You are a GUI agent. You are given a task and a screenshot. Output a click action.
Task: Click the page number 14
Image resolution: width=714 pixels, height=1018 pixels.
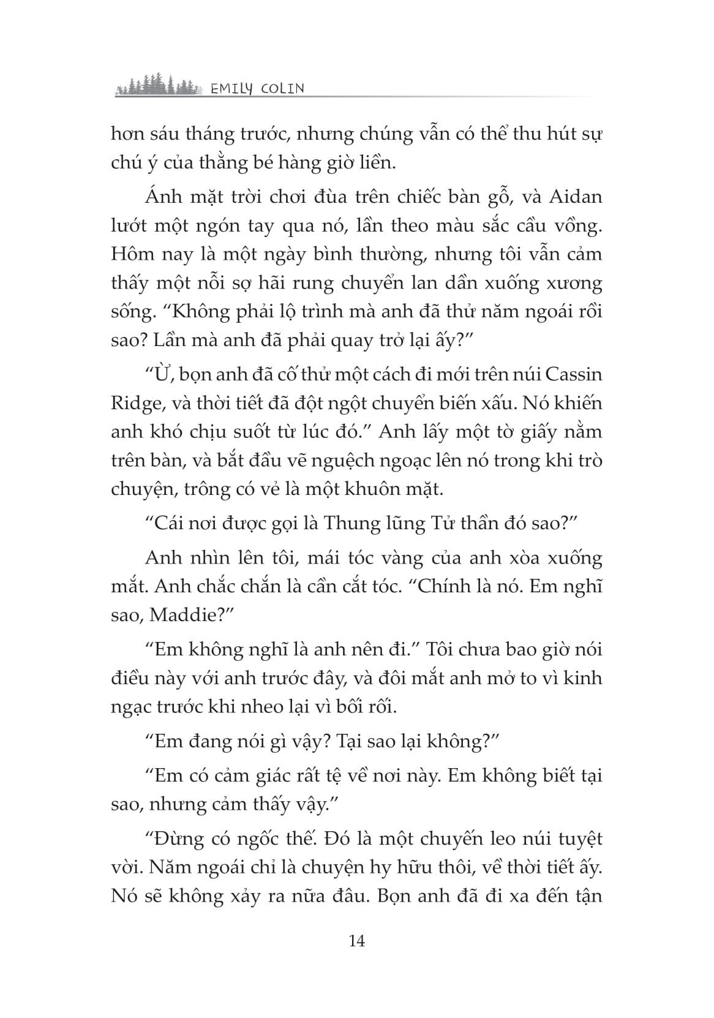(x=356, y=940)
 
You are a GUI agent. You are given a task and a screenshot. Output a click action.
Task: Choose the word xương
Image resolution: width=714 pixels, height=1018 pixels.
(x=574, y=284)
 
